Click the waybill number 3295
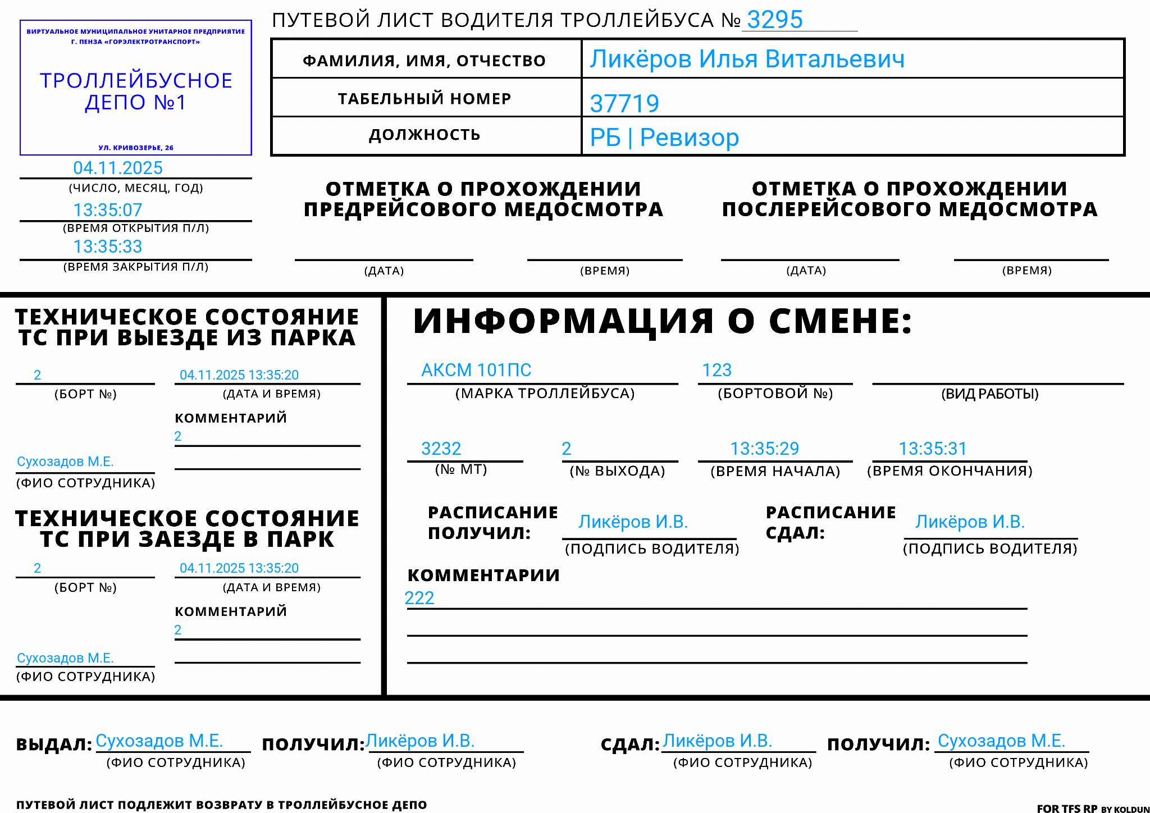(x=774, y=20)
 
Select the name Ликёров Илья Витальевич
(x=747, y=59)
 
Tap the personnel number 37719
(x=624, y=103)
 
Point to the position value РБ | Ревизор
(x=664, y=138)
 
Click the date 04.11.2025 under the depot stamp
(x=118, y=168)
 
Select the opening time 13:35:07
(x=108, y=210)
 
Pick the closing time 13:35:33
(x=108, y=246)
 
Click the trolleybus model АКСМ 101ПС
(x=476, y=370)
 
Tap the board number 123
(x=717, y=370)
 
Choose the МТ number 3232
(x=441, y=449)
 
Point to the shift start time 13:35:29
(x=764, y=449)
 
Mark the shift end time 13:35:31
(x=933, y=449)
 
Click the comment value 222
(x=419, y=598)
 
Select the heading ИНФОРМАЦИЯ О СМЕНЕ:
(x=663, y=321)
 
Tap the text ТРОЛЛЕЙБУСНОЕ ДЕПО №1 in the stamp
(x=136, y=92)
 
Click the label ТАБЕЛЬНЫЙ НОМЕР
(x=425, y=99)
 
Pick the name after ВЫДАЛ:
(x=159, y=741)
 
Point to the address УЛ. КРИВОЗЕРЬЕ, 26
(x=136, y=148)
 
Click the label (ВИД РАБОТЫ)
(x=990, y=394)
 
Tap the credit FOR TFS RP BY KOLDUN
(x=1093, y=809)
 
